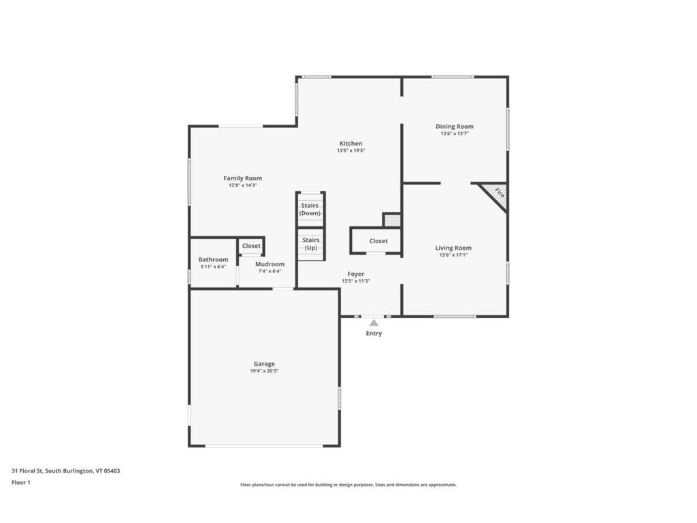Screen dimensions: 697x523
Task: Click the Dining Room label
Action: [454, 126]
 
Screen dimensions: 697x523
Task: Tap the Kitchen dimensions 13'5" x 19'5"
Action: [351, 150]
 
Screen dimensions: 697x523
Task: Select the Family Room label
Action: [243, 178]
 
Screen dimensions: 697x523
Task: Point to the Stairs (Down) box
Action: [310, 210]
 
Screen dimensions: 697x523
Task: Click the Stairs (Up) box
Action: [311, 244]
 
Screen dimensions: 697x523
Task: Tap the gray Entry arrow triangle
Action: [374, 322]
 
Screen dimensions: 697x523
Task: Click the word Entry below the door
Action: [374, 334]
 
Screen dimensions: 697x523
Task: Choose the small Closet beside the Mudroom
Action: [251, 245]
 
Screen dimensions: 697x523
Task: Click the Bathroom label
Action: [213, 259]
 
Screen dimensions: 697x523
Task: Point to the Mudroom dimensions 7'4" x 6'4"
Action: [270, 271]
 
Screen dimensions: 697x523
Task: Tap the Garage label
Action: [264, 364]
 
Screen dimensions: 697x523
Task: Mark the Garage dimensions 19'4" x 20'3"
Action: [264, 371]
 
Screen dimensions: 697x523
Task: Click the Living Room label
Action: [453, 248]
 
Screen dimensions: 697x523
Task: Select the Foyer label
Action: [355, 274]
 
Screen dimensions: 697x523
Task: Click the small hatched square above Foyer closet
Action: [392, 220]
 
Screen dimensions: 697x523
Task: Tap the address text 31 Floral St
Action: [27, 471]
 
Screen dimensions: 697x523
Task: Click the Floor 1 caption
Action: [21, 483]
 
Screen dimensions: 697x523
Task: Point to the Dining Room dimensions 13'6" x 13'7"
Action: [454, 133]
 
